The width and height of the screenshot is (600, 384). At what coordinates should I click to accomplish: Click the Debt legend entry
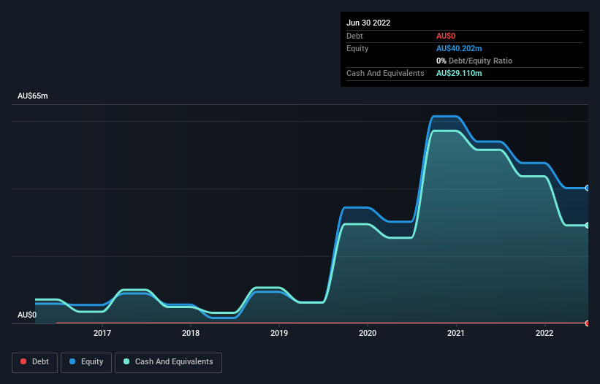(34, 361)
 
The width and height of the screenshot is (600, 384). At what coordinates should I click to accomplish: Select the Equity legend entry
(87, 361)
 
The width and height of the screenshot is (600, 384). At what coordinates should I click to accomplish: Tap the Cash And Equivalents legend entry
(168, 361)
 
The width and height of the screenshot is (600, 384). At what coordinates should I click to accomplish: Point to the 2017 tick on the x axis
(102, 334)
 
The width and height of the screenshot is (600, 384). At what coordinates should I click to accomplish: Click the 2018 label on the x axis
(191, 334)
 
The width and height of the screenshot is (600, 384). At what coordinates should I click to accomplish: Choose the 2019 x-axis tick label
(279, 334)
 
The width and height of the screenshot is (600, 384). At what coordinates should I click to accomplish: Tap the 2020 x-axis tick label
(368, 334)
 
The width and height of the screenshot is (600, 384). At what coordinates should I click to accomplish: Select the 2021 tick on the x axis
(456, 334)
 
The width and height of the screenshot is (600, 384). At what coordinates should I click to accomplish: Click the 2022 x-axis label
(544, 334)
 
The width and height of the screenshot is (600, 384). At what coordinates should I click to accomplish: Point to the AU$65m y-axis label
(32, 96)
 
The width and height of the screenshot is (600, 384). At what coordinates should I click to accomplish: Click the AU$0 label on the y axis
(27, 315)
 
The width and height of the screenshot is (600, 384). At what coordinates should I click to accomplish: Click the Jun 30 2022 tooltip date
(368, 23)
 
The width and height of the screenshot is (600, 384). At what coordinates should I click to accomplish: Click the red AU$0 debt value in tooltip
(447, 36)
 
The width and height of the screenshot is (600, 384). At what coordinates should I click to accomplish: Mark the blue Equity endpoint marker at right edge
(588, 188)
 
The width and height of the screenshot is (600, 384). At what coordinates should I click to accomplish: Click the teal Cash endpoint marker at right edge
(588, 225)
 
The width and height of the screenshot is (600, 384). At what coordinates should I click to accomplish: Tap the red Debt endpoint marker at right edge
(588, 323)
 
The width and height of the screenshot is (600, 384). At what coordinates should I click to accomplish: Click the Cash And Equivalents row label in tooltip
(385, 73)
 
